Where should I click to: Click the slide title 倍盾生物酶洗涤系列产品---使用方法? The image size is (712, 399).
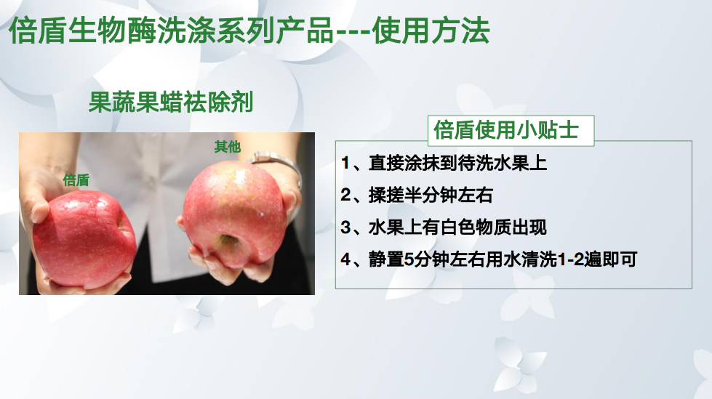pos(249,31)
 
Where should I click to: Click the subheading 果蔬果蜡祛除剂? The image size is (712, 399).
pos(171,102)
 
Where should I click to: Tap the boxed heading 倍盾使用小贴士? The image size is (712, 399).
pos(506,130)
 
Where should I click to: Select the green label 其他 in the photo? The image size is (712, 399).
pos(228,147)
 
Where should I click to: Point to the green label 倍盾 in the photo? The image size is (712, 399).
pos(76,180)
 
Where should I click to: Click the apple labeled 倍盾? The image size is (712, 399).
pos(85,239)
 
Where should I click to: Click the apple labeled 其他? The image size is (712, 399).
pos(234,214)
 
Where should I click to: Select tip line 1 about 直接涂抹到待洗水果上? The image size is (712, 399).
pos(444,163)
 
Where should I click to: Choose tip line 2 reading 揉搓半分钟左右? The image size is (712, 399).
pos(417,196)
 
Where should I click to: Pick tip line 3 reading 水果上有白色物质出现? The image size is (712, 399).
pos(444,227)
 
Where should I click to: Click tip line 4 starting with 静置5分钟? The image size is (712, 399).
pos(489,259)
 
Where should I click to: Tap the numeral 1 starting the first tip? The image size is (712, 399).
pos(345,163)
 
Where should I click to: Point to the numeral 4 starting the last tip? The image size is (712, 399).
pos(346,259)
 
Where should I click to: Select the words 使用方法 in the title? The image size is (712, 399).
pos(431,31)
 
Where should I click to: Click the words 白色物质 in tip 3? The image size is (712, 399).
pos(476,227)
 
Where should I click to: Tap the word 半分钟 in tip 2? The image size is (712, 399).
pos(430,196)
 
